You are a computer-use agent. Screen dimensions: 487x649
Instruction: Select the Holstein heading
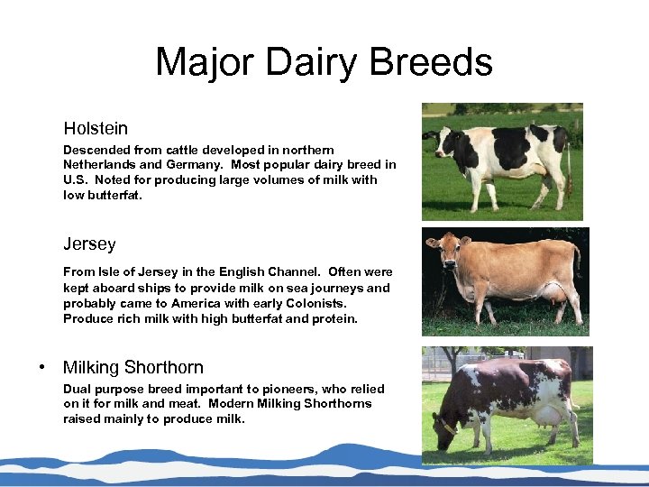click(x=96, y=129)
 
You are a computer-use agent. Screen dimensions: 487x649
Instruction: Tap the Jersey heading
click(x=89, y=244)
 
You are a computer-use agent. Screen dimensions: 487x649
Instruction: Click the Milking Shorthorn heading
click(x=133, y=368)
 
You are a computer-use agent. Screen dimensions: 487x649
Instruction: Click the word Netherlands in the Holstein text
click(x=99, y=165)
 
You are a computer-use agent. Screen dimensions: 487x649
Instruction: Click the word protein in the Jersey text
click(x=334, y=318)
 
